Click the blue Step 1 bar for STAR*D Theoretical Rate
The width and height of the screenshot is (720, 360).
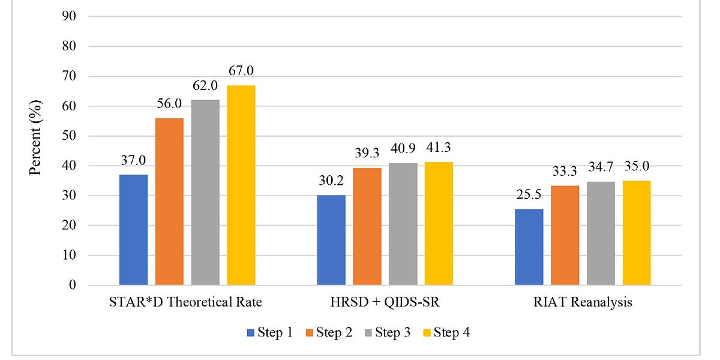click(x=133, y=230)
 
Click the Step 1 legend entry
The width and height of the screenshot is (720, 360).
click(x=269, y=332)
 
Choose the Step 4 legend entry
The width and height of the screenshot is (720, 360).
click(x=446, y=332)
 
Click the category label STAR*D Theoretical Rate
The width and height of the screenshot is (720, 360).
click(x=187, y=302)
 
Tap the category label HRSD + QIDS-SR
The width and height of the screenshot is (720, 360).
click(x=385, y=302)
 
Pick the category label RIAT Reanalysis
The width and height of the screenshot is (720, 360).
click(x=583, y=302)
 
